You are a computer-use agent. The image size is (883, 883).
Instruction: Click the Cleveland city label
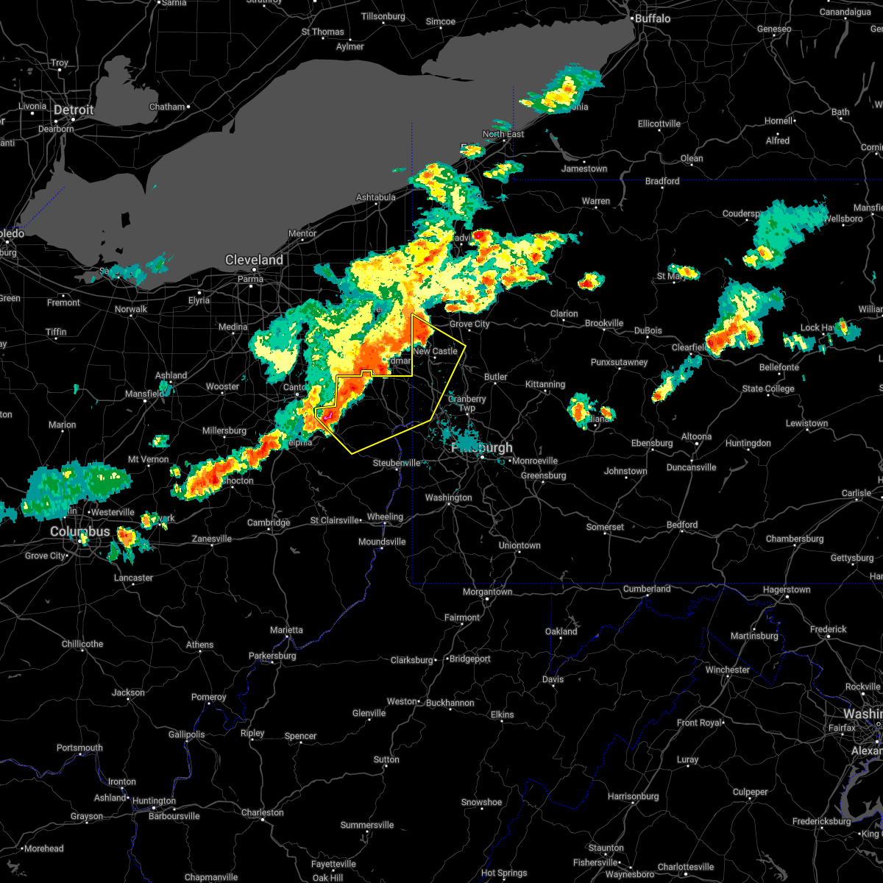pyautogui.click(x=254, y=260)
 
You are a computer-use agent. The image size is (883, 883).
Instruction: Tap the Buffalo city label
pyautogui.click(x=653, y=18)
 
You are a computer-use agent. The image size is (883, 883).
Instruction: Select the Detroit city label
pyautogui.click(x=74, y=110)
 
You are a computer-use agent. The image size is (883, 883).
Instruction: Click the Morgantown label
pyautogui.click(x=488, y=592)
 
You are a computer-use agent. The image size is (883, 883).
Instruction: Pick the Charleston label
pyautogui.click(x=262, y=812)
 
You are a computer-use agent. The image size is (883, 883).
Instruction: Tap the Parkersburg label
pyautogui.click(x=272, y=656)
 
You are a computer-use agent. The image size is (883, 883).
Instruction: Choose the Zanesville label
pyautogui.click(x=212, y=539)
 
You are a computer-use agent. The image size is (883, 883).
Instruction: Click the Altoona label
pyautogui.click(x=696, y=436)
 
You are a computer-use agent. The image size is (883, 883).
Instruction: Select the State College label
pyautogui.click(x=768, y=389)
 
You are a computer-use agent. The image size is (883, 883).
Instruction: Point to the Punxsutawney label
pyautogui.click(x=619, y=362)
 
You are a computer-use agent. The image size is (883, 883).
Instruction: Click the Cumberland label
pyautogui.click(x=647, y=589)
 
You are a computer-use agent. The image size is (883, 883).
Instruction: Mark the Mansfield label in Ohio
pyautogui.click(x=144, y=394)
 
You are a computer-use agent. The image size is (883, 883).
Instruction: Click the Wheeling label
pyautogui.click(x=385, y=517)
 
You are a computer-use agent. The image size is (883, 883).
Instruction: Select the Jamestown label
pyautogui.click(x=584, y=169)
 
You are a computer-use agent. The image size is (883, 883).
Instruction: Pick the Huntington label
pyautogui.click(x=154, y=801)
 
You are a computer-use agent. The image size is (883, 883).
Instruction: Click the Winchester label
pyautogui.click(x=727, y=670)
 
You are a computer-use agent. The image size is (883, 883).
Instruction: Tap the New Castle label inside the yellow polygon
pyautogui.click(x=435, y=351)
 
